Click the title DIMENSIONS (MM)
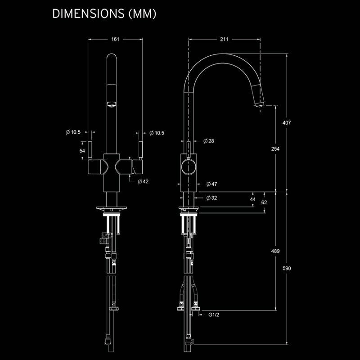[x=104, y=14]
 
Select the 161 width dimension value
[x=115, y=40]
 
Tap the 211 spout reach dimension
[x=224, y=40]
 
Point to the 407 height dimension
[x=287, y=122]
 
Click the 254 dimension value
[x=275, y=149]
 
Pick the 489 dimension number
[x=275, y=251]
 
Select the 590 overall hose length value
[x=287, y=269]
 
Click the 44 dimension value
[x=252, y=199]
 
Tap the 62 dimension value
[x=264, y=202]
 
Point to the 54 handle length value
[x=82, y=151]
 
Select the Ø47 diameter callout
[x=211, y=184]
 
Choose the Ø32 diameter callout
[x=211, y=198]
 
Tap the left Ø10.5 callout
[x=73, y=132]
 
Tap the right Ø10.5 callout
[x=157, y=133]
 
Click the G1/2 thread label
[x=213, y=315]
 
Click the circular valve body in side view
[x=188, y=167]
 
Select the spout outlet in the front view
[x=111, y=105]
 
